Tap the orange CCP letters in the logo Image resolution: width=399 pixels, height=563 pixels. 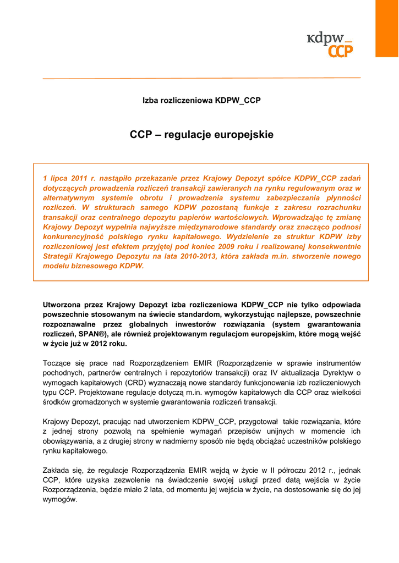pyautogui.click(x=341, y=52)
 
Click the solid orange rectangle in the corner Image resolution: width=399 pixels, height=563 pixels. pyautogui.click(x=387, y=28)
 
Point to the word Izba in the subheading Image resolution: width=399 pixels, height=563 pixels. pyautogui.click(x=150, y=101)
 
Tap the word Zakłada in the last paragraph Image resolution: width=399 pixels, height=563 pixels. pyautogui.click(x=57, y=471)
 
